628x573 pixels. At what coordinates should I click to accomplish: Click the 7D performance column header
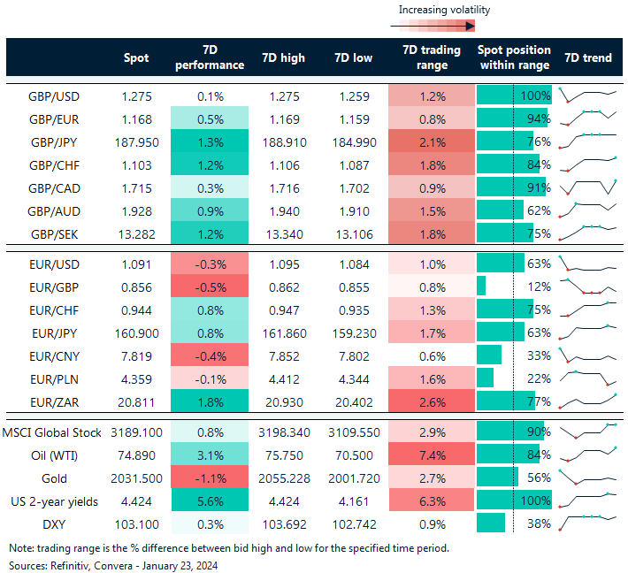(x=209, y=57)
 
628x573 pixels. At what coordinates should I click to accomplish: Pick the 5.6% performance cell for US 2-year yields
(x=209, y=500)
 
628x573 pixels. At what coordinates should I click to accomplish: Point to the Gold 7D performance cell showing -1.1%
(x=209, y=477)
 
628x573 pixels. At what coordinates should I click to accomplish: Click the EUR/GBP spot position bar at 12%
(x=481, y=286)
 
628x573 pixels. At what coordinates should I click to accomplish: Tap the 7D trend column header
(x=587, y=57)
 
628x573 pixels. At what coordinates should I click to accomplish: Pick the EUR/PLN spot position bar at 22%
(x=485, y=378)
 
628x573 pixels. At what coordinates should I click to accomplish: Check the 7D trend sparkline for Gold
(x=586, y=477)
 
